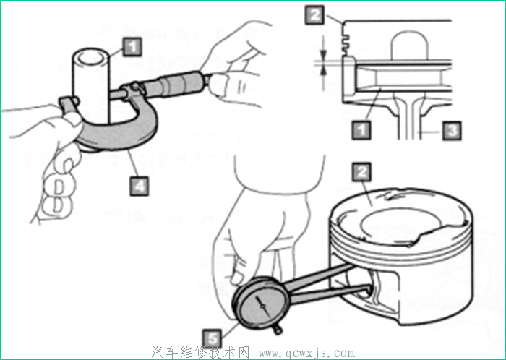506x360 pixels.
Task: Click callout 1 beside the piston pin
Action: coord(132,47)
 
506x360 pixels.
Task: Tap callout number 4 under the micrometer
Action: coord(140,186)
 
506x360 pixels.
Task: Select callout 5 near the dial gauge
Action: coord(213,339)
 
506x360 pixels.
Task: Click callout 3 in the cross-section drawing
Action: coord(452,131)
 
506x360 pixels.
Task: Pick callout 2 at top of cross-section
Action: coord(314,15)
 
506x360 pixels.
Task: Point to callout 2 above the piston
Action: coord(361,172)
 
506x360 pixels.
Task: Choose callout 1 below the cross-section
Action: coord(361,130)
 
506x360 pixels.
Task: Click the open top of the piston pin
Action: coord(90,57)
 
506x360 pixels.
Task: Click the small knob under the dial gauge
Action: coord(278,330)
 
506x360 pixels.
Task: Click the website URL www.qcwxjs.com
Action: coord(306,353)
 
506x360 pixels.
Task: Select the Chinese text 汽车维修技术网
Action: coord(200,352)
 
